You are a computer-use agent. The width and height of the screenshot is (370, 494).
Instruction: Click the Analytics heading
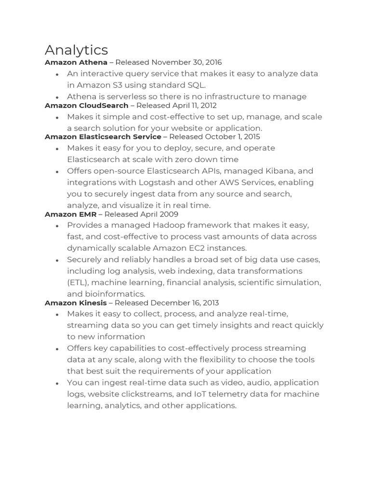tap(76, 50)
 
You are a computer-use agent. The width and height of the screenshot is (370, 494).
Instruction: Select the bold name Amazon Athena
tap(76, 62)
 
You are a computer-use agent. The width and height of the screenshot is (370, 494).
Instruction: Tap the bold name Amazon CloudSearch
tap(86, 105)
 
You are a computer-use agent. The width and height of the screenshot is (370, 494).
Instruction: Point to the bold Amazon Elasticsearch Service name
tap(103, 137)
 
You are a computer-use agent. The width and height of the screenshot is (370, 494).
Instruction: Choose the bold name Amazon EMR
tap(70, 214)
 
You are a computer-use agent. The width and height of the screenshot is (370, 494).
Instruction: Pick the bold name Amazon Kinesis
tap(76, 303)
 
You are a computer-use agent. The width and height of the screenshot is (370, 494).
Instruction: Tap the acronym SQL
tap(196, 85)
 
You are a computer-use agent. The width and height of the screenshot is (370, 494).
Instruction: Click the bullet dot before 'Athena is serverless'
tap(57, 97)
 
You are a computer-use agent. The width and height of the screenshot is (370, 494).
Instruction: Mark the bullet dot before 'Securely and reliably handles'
tap(57, 260)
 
